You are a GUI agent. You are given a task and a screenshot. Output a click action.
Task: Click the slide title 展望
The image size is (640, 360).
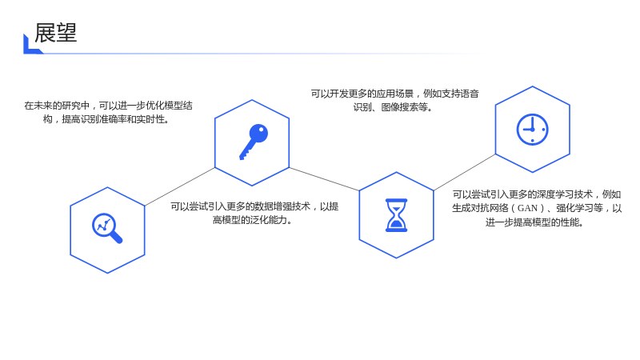point(55,33)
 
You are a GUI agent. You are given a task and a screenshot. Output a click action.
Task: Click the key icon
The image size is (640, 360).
point(254,142)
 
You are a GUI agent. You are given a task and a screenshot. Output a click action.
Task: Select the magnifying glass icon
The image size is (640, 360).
point(107,228)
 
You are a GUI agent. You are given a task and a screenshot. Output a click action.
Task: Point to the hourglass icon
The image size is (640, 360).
point(396,215)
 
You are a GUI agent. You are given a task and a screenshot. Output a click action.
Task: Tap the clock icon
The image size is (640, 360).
point(532,130)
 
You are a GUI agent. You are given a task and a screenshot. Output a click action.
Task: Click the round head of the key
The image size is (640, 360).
point(258,133)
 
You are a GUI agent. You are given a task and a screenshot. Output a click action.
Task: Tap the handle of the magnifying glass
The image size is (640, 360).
point(116,237)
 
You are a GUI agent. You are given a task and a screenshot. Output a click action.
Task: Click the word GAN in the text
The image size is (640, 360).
point(527,208)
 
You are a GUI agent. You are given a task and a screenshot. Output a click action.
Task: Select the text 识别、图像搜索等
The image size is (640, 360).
point(393,107)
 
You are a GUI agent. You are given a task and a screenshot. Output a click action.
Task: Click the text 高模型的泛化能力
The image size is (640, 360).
point(252,220)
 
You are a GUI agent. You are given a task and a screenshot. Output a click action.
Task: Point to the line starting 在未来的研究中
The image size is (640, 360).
point(108,106)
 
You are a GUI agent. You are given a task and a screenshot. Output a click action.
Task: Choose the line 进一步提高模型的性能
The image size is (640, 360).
point(534,222)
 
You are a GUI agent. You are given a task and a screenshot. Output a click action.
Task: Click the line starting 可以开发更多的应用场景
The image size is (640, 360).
point(394,94)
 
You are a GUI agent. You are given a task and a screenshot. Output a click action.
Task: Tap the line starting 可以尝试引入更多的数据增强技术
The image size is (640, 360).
point(254,206)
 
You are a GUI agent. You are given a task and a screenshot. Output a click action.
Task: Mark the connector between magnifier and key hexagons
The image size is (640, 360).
point(179,186)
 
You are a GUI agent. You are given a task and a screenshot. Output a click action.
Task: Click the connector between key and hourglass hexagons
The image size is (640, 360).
point(324,178)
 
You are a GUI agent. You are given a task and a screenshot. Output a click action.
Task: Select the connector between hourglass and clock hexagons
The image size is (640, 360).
point(465,172)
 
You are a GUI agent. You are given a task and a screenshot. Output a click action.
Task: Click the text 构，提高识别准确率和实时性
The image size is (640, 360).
point(106,119)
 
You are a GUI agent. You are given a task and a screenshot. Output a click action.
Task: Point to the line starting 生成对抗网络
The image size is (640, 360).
point(537,208)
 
